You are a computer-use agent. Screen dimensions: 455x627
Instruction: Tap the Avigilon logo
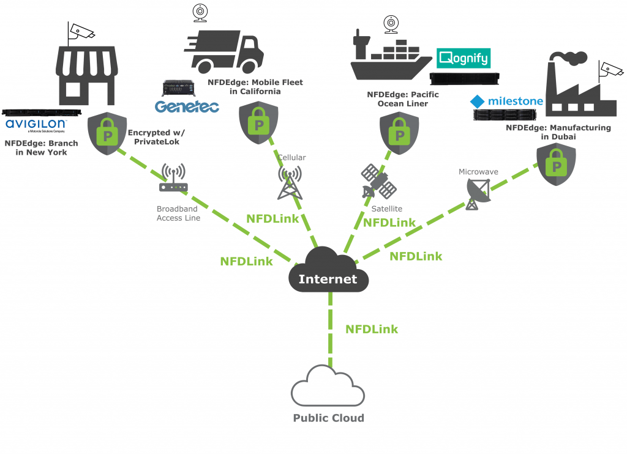tap(36, 126)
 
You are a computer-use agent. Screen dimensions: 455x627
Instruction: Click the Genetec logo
tap(186, 106)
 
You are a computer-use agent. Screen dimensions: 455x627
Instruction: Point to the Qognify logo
tap(464, 59)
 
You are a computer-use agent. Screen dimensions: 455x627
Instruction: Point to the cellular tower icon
tap(290, 183)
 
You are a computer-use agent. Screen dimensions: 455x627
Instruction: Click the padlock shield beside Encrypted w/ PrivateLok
tap(108, 134)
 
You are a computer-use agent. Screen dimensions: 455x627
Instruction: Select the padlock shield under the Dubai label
tap(556, 165)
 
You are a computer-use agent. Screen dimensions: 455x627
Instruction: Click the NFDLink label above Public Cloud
tap(372, 329)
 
